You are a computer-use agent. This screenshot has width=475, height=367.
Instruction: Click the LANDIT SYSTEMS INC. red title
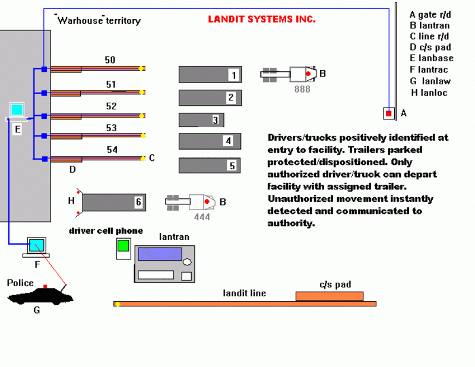pyautogui.click(x=261, y=19)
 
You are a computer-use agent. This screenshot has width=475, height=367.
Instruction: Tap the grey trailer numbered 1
pyautogui.click(x=209, y=74)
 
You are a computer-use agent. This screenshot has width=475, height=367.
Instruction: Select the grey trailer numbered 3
pyautogui.click(x=201, y=119)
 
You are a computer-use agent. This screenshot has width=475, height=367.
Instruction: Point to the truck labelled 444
pyautogui.click(x=194, y=202)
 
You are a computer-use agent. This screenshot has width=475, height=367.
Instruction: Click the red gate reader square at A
pyautogui.click(x=388, y=113)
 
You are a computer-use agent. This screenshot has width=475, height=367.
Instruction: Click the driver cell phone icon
pyautogui.click(x=123, y=248)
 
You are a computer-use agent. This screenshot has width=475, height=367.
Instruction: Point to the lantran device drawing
pyautogui.click(x=164, y=263)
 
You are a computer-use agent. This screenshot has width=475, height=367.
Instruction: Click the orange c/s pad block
pyautogui.click(x=329, y=296)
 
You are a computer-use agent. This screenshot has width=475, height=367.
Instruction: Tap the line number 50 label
pyautogui.click(x=110, y=60)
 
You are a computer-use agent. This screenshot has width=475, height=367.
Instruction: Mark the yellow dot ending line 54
pyautogui.click(x=142, y=158)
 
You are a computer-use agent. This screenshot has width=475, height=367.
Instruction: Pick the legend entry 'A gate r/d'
pyautogui.click(x=430, y=14)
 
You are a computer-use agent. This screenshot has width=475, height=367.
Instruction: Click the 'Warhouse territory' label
pyautogui.click(x=99, y=21)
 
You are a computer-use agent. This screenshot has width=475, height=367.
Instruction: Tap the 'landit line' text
pyautogui.click(x=245, y=293)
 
